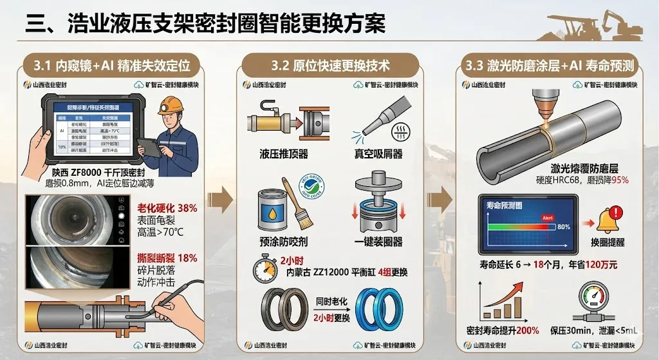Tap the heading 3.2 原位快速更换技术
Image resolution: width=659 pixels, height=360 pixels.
[x=330, y=65]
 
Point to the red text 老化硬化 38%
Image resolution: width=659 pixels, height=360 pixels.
[x=167, y=208]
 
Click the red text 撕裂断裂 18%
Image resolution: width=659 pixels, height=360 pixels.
[x=167, y=258]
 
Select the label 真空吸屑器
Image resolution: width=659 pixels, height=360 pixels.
[x=380, y=154]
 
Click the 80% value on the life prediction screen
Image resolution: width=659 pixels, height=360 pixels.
[x=563, y=227]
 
